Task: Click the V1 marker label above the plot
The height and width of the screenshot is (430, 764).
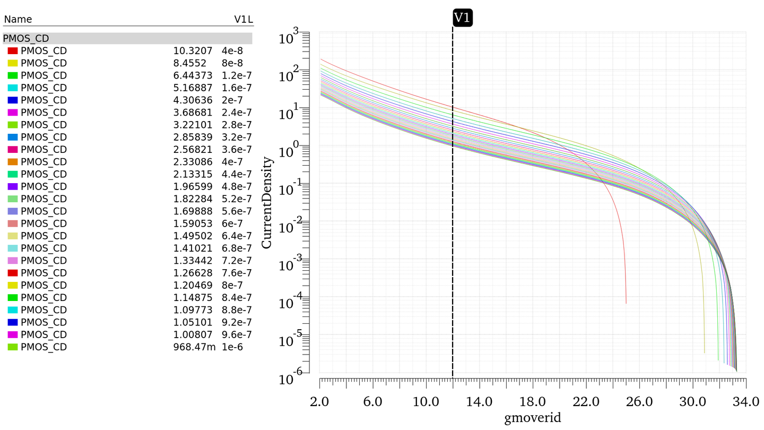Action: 462,18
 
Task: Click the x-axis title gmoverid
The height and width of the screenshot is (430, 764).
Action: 532,418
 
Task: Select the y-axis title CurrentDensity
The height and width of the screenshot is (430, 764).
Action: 267,202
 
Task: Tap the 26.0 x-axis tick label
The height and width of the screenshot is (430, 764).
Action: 639,401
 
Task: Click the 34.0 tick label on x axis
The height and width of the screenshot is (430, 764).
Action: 746,401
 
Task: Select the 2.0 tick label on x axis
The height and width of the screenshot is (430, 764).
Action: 320,401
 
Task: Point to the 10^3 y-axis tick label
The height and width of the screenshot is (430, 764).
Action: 290,38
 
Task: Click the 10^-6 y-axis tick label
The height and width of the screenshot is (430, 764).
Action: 290,378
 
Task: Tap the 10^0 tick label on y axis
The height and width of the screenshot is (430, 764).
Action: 290,151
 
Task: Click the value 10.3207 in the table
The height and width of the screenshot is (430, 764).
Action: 193,51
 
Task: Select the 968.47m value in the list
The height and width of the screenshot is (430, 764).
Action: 194,347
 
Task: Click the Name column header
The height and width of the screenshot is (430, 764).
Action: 18,20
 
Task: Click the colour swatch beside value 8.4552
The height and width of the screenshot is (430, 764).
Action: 13,63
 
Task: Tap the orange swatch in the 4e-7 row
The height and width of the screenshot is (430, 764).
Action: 13,162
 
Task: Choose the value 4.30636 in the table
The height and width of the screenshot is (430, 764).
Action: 193,100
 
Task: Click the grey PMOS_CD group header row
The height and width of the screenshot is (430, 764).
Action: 127,38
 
